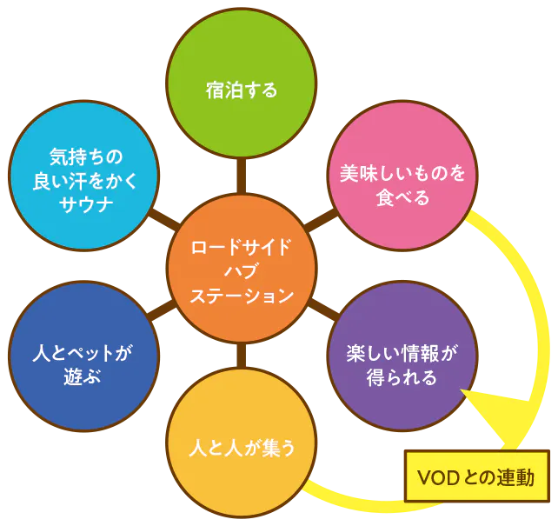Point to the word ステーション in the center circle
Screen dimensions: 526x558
click(242, 296)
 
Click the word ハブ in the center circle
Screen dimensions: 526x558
click(242, 270)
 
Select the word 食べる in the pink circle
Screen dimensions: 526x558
click(403, 198)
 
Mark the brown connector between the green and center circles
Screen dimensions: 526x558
click(242, 176)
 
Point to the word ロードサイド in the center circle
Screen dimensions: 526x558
click(242, 245)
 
